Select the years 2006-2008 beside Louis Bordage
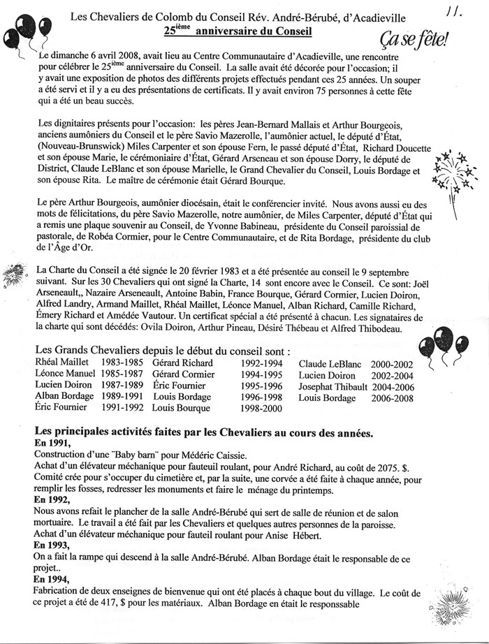(392, 398)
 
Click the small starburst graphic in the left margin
(15, 271)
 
